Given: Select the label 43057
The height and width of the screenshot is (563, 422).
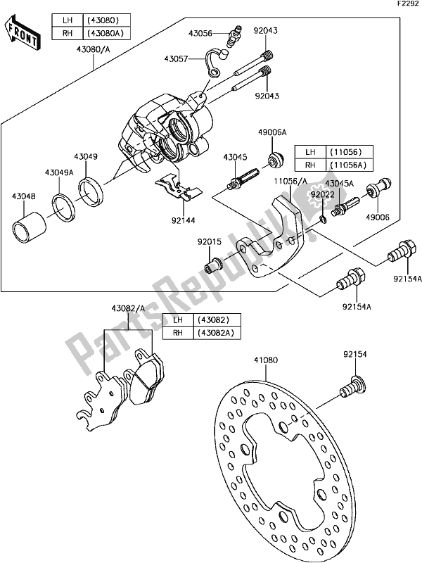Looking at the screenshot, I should pyautogui.click(x=178, y=61).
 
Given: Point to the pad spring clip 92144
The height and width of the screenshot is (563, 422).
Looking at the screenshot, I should pyautogui.click(x=179, y=187).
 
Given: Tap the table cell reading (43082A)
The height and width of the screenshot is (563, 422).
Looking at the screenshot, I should pyautogui.click(x=217, y=332).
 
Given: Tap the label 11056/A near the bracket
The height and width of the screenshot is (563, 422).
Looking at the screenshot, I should pyautogui.click(x=290, y=182).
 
